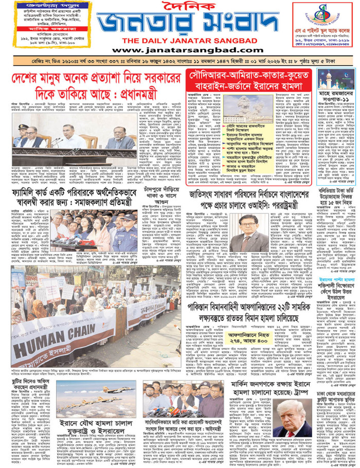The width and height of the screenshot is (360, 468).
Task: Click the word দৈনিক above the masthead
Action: click(x=180, y=9)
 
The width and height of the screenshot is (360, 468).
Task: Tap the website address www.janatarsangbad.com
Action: click(x=179, y=50)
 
